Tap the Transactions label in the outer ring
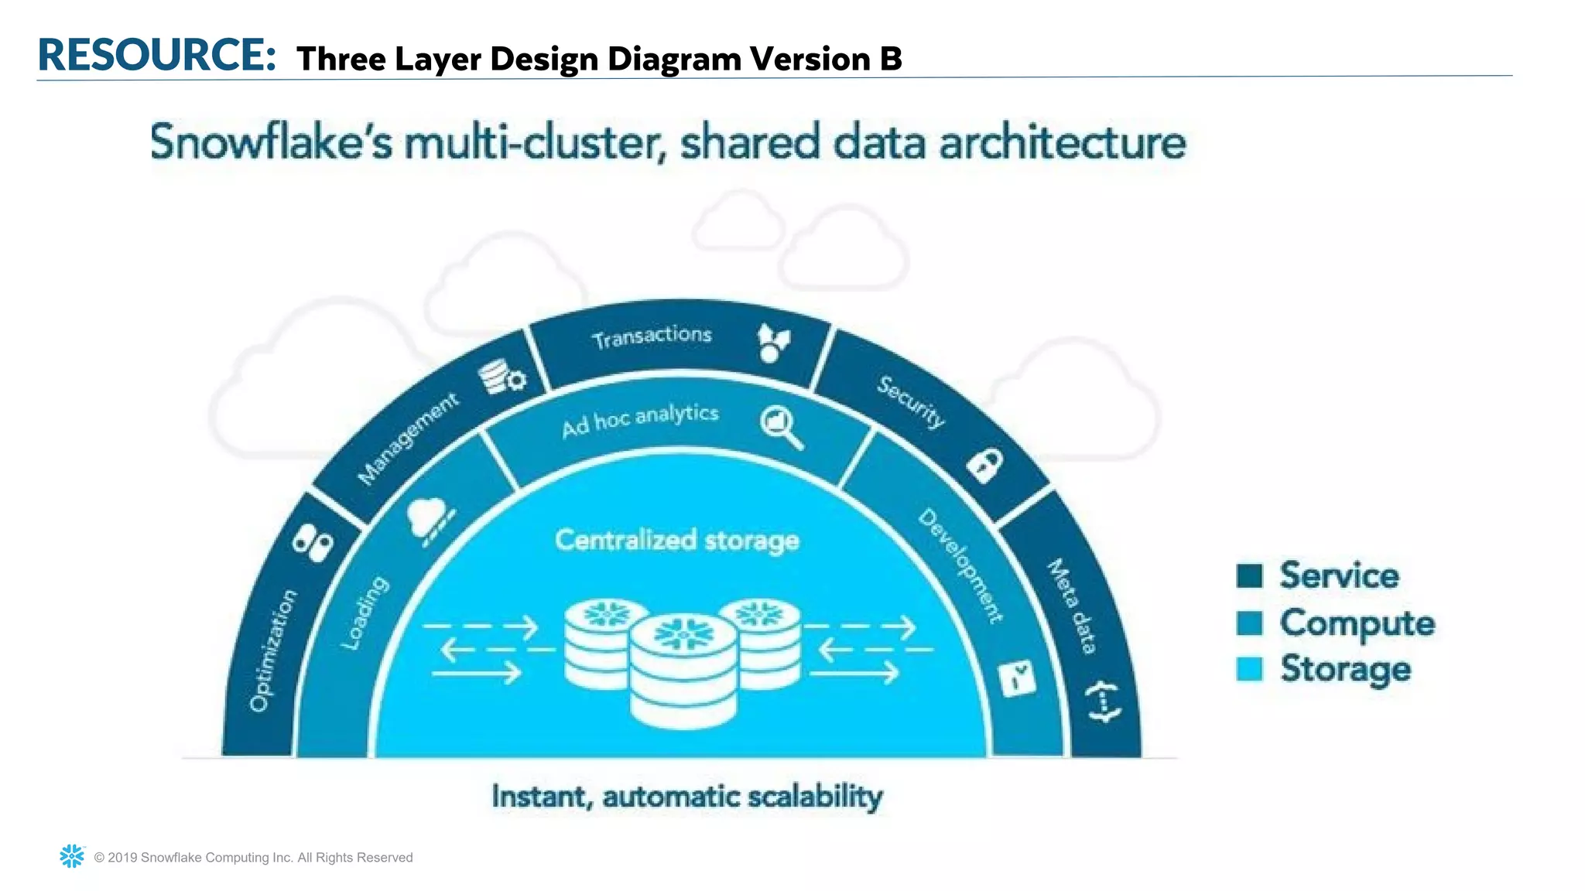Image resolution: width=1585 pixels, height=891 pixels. click(652, 336)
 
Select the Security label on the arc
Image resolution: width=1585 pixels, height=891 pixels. click(911, 401)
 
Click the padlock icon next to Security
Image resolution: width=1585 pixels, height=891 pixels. click(985, 465)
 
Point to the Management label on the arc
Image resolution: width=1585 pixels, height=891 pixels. click(408, 439)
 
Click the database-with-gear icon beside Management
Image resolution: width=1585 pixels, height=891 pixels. click(502, 377)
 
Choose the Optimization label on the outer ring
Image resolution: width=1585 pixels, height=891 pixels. click(272, 650)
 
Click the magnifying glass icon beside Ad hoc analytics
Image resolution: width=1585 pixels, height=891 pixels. click(781, 427)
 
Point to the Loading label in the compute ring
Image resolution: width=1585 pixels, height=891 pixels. click(365, 613)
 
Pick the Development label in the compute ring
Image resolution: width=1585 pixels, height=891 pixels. click(960, 565)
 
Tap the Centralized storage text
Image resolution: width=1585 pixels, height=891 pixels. click(677, 540)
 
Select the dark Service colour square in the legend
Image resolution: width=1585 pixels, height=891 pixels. click(1249, 575)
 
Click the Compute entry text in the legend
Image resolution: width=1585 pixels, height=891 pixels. click(1357, 623)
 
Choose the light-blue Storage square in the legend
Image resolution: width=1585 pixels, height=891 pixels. click(1249, 669)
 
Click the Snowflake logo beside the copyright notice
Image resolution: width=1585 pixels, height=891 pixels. click(72, 856)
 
